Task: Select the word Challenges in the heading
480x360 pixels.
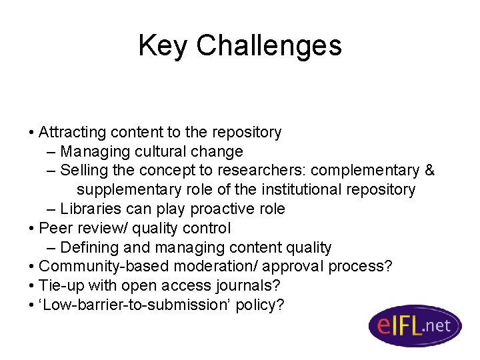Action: tap(269, 45)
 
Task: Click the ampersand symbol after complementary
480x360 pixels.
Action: tap(429, 171)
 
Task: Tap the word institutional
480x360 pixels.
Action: tap(303, 189)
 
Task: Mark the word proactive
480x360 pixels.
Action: tap(219, 209)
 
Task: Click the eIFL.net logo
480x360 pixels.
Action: tap(415, 326)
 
